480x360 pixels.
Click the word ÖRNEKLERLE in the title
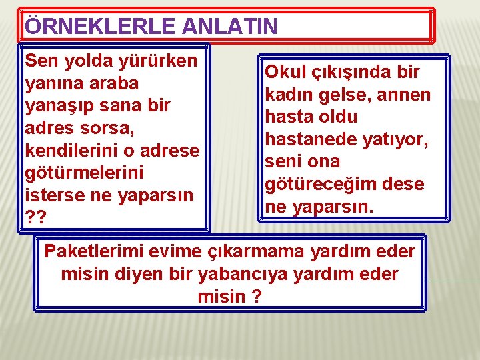90,27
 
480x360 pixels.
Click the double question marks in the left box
33,217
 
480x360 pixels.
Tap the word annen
403,95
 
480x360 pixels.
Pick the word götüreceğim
323,183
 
